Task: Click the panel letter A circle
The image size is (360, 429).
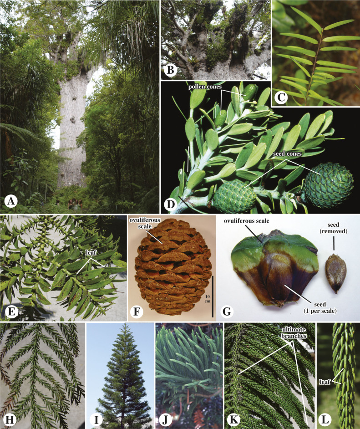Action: [x=11, y=202]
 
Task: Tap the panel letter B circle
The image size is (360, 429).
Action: [x=170, y=70]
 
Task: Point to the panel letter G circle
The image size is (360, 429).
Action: [x=227, y=312]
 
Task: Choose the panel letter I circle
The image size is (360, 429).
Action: [x=96, y=420]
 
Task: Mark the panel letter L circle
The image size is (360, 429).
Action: [x=325, y=420]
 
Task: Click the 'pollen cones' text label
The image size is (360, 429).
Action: [x=205, y=87]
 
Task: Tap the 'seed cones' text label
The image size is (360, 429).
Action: [x=287, y=154]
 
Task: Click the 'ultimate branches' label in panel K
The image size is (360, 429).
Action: [x=294, y=332]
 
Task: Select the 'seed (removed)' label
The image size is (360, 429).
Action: [x=334, y=228]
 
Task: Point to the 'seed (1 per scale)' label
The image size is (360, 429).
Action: [x=320, y=307]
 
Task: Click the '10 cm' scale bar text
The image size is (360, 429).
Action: [x=208, y=299]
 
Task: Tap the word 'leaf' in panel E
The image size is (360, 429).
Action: [x=91, y=253]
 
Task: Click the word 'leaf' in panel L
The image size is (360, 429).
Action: [x=325, y=381]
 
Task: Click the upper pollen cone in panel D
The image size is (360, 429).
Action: [x=250, y=92]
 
